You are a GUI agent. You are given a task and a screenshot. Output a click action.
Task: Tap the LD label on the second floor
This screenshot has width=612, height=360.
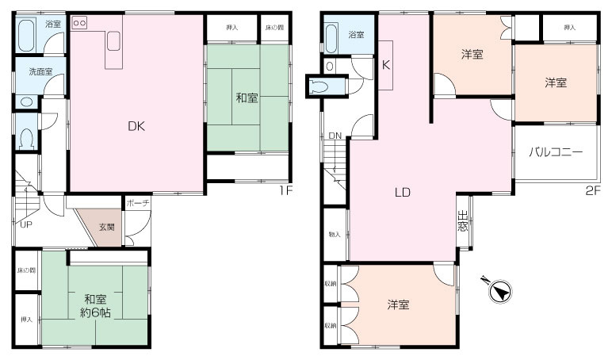(402, 191)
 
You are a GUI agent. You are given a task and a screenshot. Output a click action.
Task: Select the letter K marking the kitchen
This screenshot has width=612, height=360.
(386, 65)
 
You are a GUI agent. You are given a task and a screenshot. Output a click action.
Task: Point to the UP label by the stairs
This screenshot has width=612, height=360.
(26, 224)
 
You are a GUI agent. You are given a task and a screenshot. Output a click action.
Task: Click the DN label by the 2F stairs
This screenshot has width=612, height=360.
(335, 136)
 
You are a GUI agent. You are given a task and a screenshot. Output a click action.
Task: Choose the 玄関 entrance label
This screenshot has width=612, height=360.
(106, 227)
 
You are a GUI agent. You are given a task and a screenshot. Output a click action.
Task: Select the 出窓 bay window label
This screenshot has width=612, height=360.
(462, 220)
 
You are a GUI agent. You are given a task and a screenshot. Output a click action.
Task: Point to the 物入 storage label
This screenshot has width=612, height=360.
(334, 234)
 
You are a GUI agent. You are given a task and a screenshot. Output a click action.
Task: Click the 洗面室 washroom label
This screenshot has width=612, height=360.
(40, 71)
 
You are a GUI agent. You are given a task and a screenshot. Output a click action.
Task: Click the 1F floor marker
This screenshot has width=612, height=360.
(285, 190)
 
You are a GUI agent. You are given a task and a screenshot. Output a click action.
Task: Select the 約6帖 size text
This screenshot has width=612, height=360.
(95, 313)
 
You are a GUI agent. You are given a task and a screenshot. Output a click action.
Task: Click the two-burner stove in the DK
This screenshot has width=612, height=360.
(80, 24)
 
